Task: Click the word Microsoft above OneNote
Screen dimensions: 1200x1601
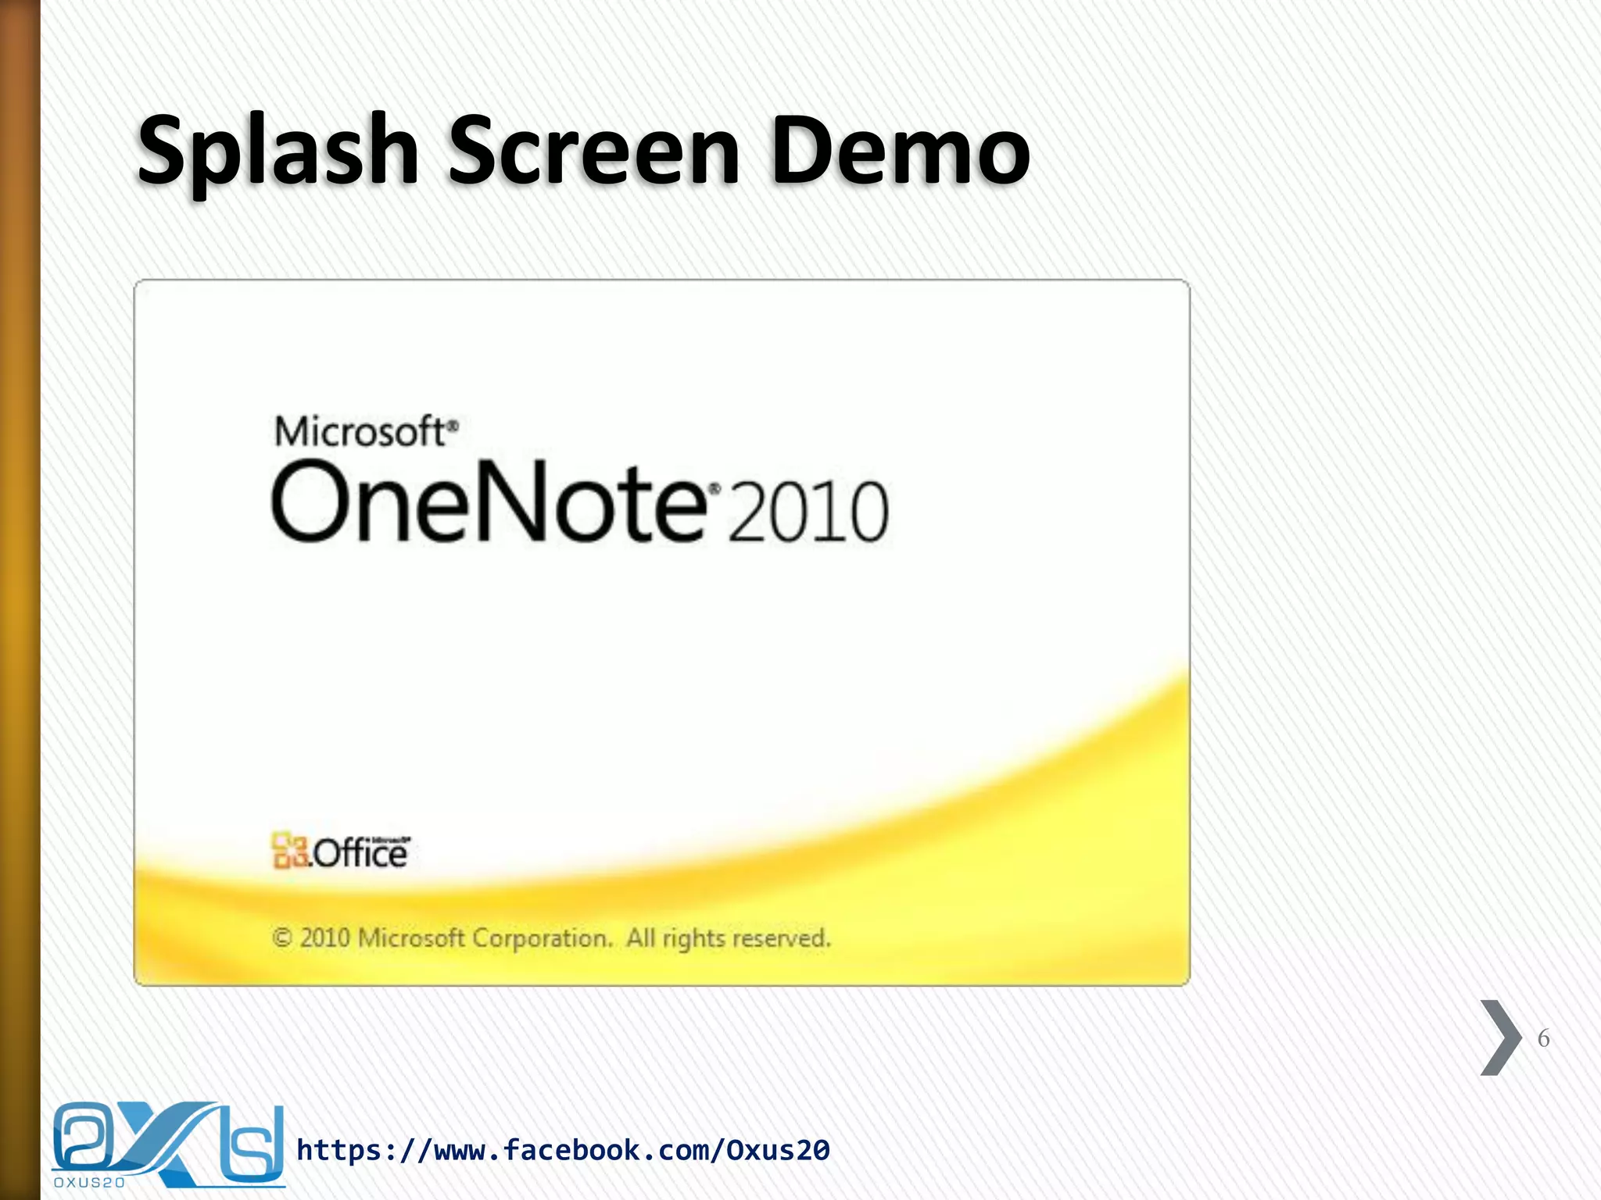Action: (360, 432)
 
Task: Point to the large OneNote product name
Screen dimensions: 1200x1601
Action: (489, 502)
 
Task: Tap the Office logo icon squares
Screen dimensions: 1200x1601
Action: (288, 850)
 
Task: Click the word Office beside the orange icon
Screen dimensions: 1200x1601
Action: (360, 853)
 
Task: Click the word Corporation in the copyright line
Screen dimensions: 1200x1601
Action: (541, 937)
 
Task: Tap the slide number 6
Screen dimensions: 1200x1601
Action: (1543, 1038)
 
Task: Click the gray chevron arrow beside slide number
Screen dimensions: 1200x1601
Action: (1500, 1037)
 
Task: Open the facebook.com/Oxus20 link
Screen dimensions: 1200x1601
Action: (563, 1150)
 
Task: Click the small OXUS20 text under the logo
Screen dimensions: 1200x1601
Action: (89, 1182)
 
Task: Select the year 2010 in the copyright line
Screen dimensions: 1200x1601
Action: (324, 937)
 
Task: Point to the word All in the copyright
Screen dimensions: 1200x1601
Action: (640, 937)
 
